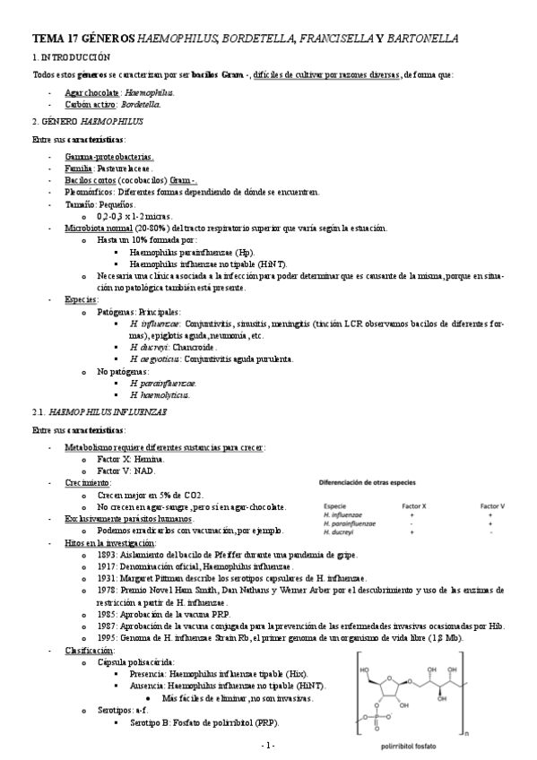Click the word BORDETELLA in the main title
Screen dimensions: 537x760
click(254, 39)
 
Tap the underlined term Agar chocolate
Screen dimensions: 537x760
click(92, 92)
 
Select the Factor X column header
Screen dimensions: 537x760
click(411, 506)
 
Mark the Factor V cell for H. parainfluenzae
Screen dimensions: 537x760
click(491, 523)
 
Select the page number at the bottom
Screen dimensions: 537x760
click(267, 746)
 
